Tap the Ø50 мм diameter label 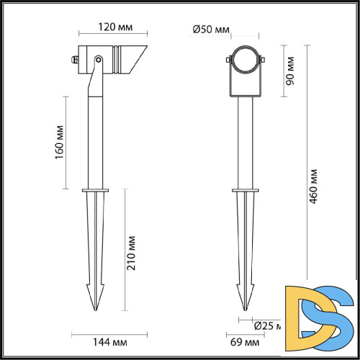(x=212, y=30)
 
